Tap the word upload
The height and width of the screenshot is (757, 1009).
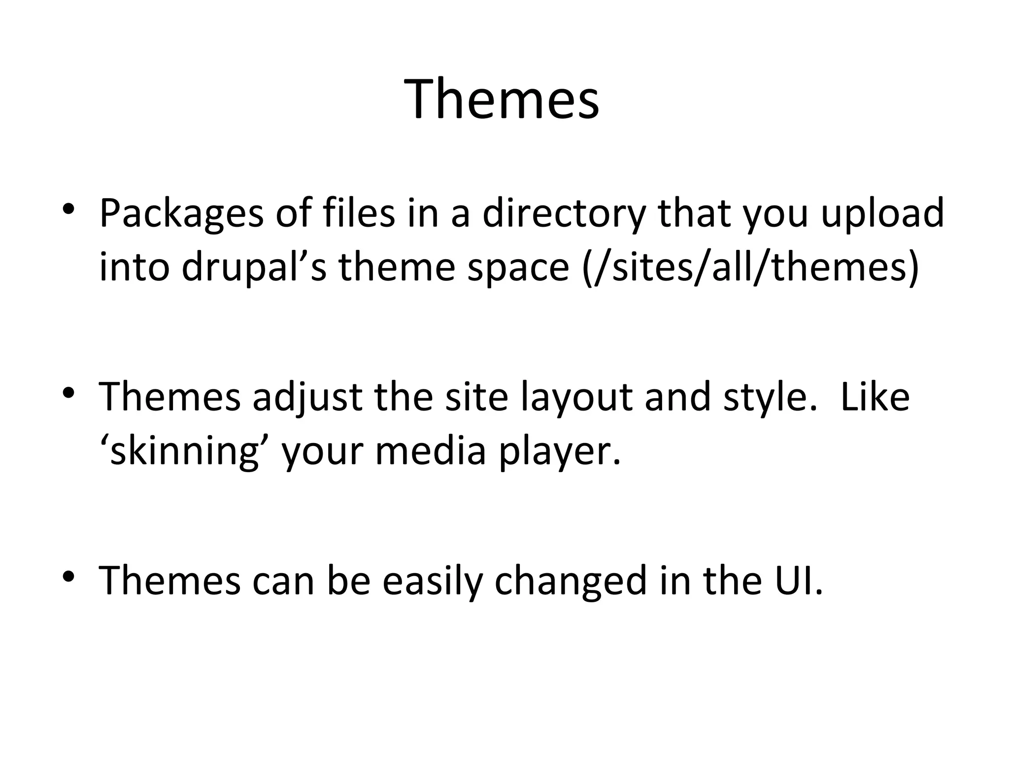882,213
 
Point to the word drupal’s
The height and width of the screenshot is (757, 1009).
254,268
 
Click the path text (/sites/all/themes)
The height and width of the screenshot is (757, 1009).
750,268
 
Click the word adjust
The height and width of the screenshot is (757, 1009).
307,397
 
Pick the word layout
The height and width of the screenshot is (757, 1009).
576,397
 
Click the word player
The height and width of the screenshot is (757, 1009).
560,451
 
